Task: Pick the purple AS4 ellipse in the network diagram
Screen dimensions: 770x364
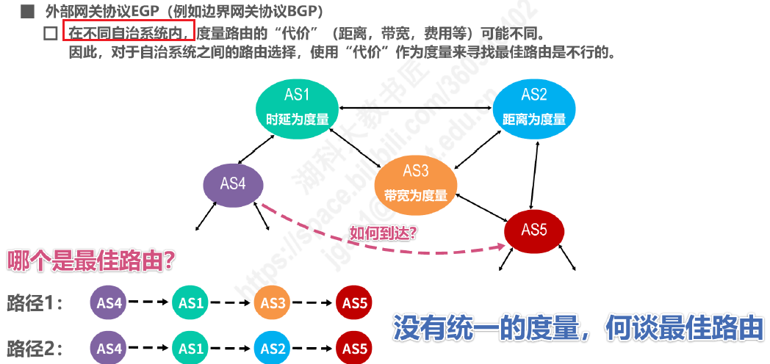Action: [233, 184]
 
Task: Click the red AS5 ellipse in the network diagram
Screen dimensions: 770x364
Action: [534, 230]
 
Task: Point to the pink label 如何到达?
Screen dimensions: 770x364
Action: [383, 232]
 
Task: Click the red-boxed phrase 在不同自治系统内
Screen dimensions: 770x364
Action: [129, 32]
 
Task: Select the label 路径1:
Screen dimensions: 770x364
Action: [35, 303]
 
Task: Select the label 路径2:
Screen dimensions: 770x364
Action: [35, 349]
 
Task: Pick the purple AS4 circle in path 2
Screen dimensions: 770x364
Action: [109, 349]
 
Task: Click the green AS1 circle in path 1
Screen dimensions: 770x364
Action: [191, 303]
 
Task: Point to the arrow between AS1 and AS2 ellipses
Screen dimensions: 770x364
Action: [415, 107]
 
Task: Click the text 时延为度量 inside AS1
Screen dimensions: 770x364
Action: [297, 119]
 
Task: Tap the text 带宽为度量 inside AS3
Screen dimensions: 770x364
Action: [415, 195]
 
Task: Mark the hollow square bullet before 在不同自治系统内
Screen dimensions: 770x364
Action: [51, 33]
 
